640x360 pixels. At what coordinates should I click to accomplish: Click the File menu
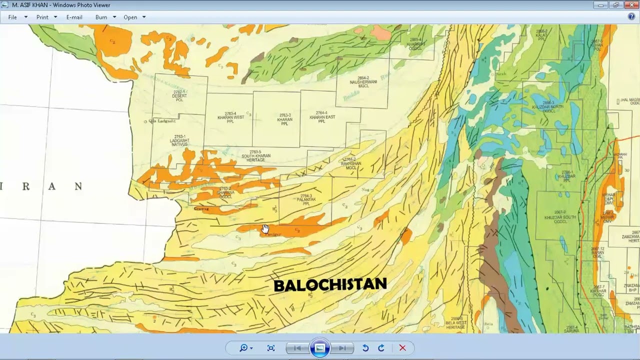(x=12, y=17)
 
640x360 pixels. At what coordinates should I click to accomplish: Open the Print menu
(x=42, y=17)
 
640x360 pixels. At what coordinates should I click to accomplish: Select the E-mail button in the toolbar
(x=74, y=17)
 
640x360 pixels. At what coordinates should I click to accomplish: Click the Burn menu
(x=101, y=17)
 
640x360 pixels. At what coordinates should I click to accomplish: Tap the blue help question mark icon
(x=631, y=16)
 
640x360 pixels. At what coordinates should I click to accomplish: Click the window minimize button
(x=601, y=5)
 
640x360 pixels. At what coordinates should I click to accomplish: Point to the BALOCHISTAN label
(x=330, y=285)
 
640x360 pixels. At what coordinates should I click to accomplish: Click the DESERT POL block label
(x=179, y=96)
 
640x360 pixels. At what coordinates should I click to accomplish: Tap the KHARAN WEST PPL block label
(x=230, y=117)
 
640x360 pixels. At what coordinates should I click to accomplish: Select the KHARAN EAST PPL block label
(x=321, y=117)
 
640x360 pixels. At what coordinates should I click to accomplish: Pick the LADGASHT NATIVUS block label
(x=179, y=140)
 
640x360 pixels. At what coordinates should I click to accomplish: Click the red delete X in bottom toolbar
(x=402, y=348)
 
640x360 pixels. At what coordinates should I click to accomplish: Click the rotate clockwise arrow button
(x=381, y=348)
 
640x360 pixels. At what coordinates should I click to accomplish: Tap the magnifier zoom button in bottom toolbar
(x=243, y=348)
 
